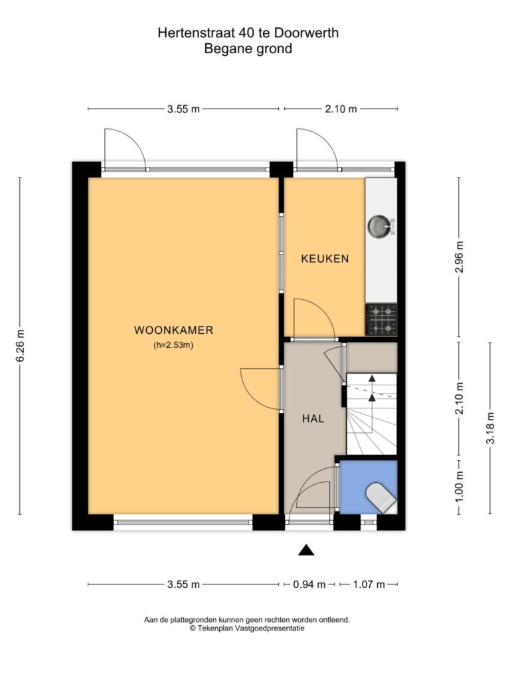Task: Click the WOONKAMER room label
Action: (x=173, y=330)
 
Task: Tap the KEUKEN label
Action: (x=325, y=259)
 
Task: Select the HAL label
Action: (x=313, y=419)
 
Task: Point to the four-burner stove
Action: (x=381, y=320)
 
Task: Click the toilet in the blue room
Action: (x=381, y=496)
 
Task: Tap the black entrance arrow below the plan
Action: (x=306, y=550)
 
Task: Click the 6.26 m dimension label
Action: (x=20, y=345)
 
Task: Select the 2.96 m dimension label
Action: (x=460, y=257)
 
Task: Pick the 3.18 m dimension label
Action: (x=491, y=428)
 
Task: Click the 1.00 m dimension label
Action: (x=460, y=486)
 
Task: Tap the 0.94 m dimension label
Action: (x=309, y=585)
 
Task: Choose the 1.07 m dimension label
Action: (x=369, y=585)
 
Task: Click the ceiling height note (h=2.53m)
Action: (x=173, y=346)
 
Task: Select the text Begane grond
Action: (x=248, y=49)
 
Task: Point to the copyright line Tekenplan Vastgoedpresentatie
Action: (x=247, y=628)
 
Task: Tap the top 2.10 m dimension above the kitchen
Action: (x=341, y=109)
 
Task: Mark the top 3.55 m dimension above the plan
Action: (x=183, y=109)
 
